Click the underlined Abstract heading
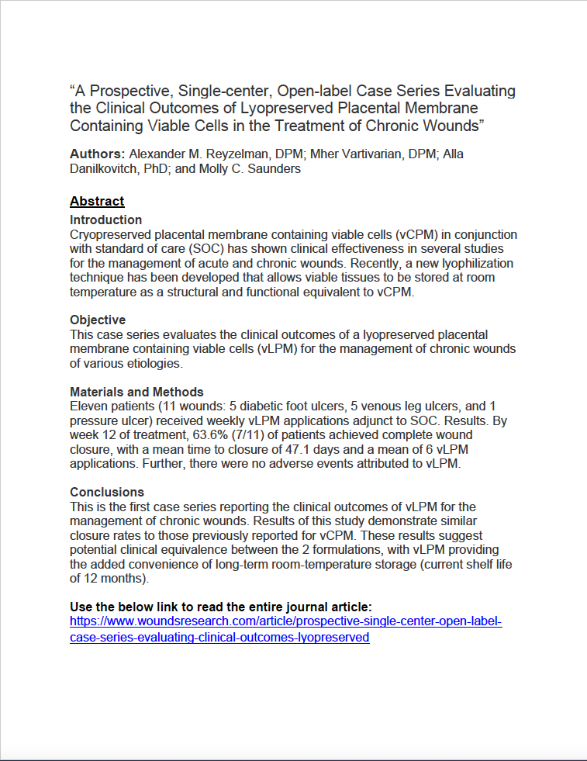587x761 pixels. (x=97, y=201)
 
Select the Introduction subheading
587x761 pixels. (x=106, y=220)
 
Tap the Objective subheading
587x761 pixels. (x=98, y=320)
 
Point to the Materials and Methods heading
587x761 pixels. (x=136, y=392)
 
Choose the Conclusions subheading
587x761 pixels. (x=107, y=492)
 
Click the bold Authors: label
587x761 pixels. (x=97, y=154)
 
